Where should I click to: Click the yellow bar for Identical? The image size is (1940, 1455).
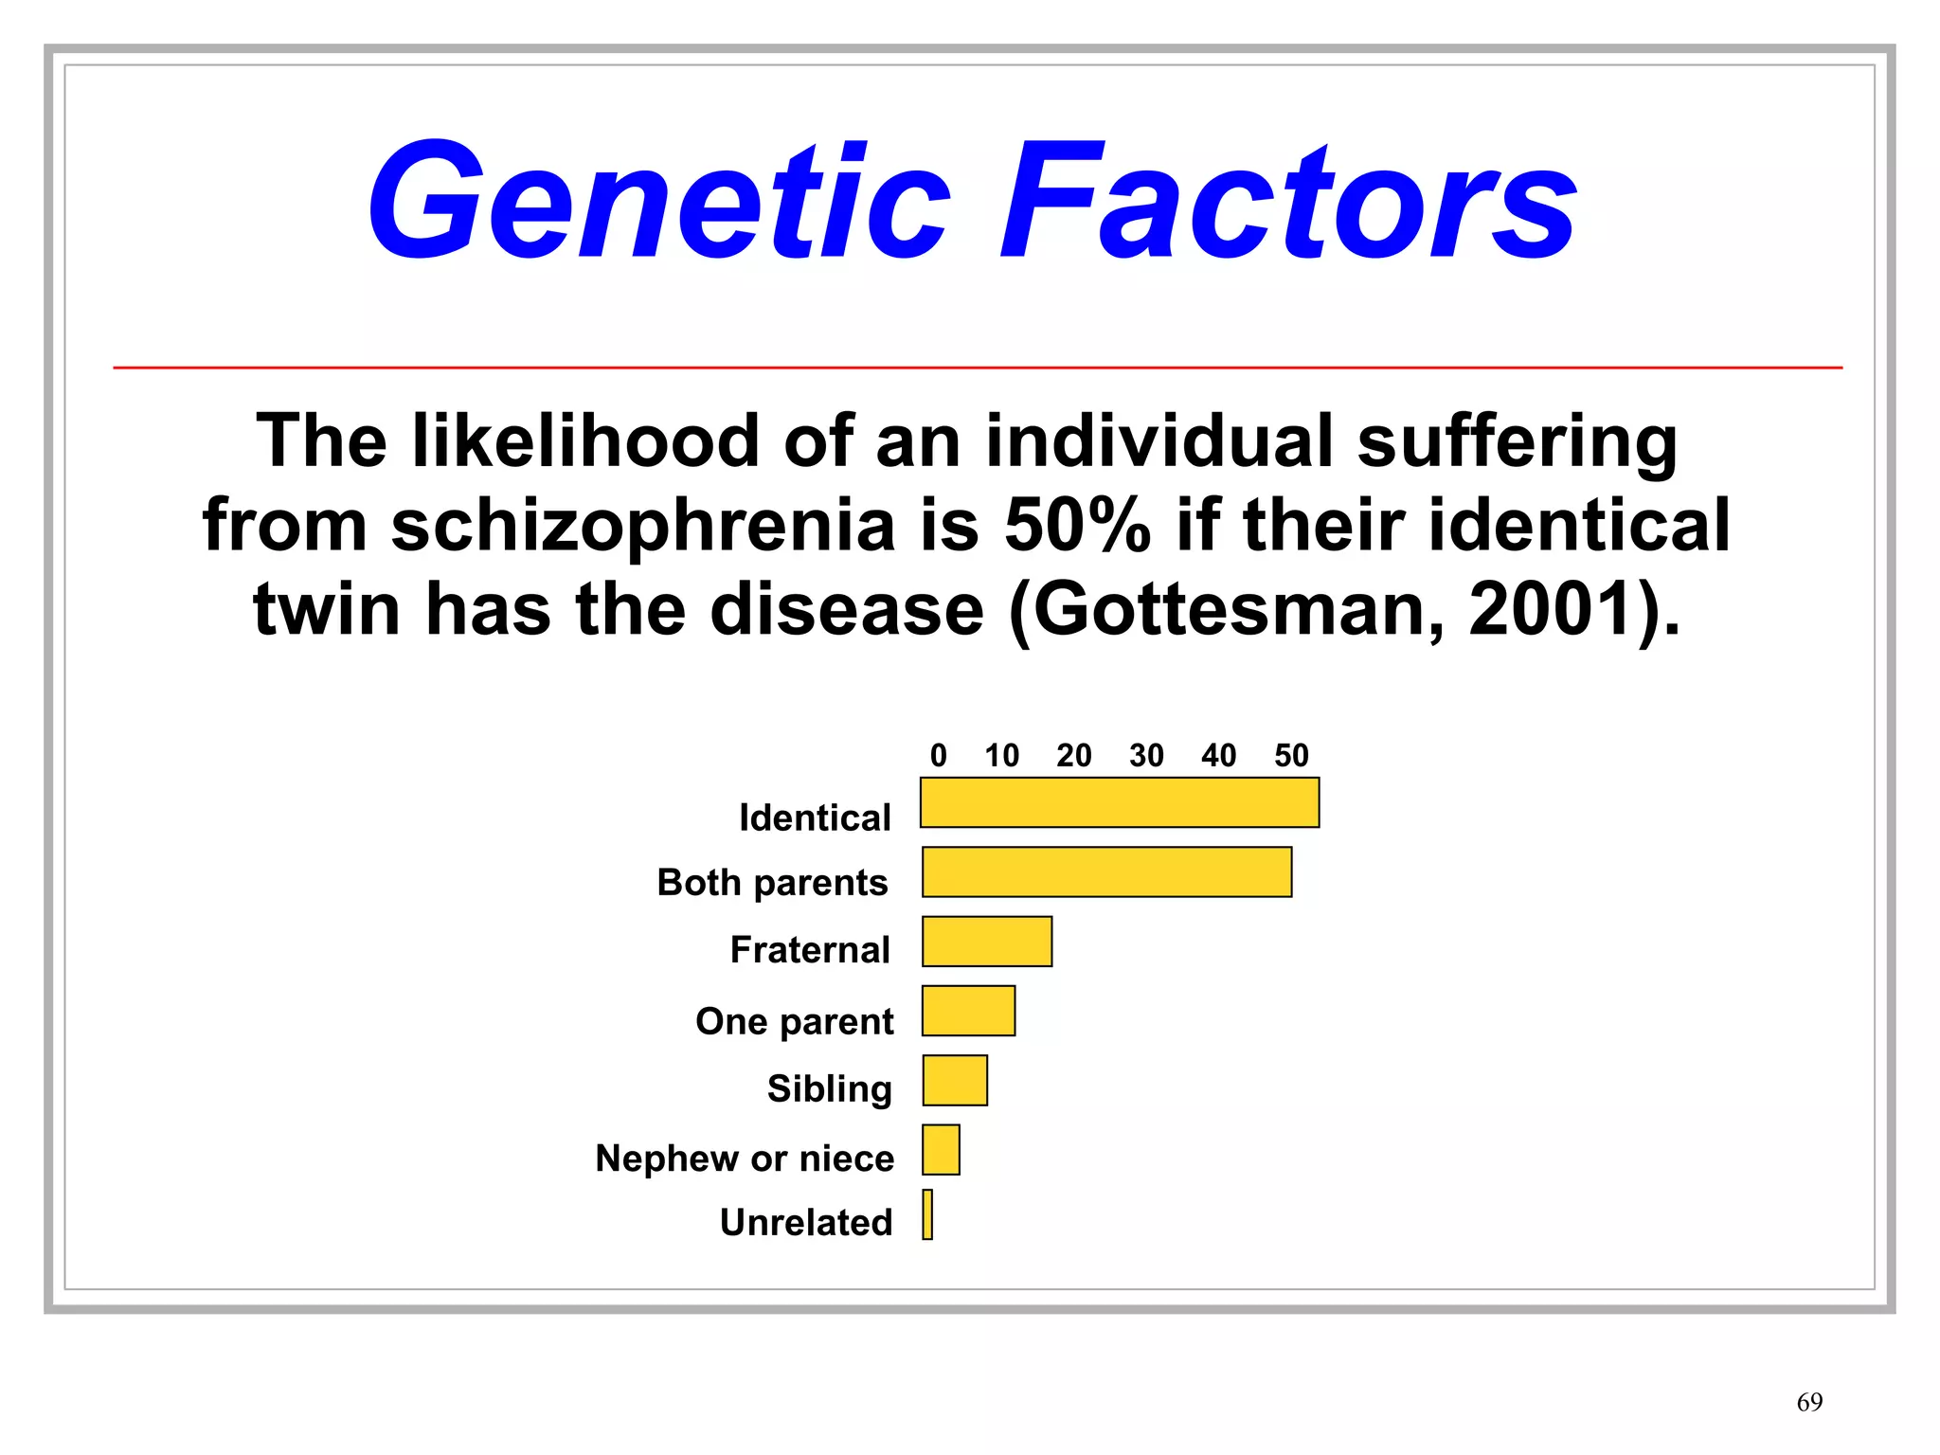point(1119,802)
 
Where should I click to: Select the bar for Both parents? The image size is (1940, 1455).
point(1106,871)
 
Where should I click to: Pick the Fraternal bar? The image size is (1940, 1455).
point(986,941)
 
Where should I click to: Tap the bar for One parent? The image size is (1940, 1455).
point(968,1011)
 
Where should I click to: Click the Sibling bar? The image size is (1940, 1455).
point(955,1080)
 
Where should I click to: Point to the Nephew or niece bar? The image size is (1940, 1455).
point(941,1149)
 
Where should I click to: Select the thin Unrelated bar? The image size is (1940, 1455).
point(927,1214)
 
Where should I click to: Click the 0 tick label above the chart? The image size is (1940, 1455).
point(938,755)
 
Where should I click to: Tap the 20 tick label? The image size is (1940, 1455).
point(1073,755)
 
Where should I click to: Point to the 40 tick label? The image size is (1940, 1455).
point(1218,755)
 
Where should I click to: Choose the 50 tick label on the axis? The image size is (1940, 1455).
point(1290,755)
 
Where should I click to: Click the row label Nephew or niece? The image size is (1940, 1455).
point(745,1158)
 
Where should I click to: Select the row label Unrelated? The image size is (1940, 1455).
point(806,1222)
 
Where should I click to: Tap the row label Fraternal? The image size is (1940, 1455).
point(810,949)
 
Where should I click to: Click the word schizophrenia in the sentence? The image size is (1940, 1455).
point(643,526)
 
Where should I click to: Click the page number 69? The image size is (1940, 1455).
point(1808,1402)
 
